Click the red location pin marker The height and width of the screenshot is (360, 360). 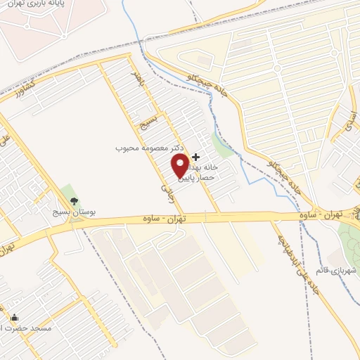pyautogui.click(x=180, y=165)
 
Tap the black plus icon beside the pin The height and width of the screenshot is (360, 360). pyautogui.click(x=195, y=156)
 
